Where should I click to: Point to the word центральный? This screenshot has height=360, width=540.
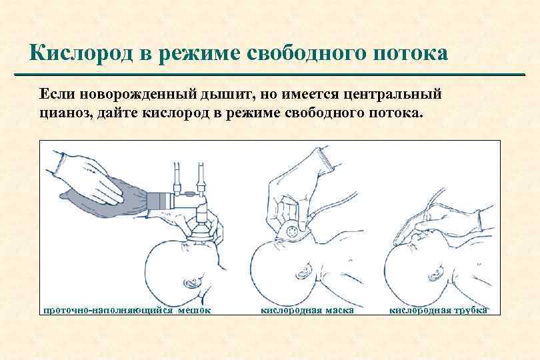click(393, 95)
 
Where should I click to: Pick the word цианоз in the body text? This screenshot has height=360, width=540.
click(65, 113)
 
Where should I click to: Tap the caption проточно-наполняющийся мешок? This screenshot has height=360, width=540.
click(127, 311)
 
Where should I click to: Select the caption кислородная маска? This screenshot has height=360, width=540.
click(307, 311)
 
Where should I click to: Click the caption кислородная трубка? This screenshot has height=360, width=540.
click(439, 311)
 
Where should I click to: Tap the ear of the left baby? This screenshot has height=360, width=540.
click(191, 283)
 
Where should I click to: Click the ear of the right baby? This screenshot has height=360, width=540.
click(436, 272)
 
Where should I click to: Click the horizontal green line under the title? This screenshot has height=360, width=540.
click(269, 75)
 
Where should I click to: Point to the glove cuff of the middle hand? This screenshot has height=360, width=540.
click(325, 157)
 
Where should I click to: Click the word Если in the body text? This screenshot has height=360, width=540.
click(57, 95)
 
